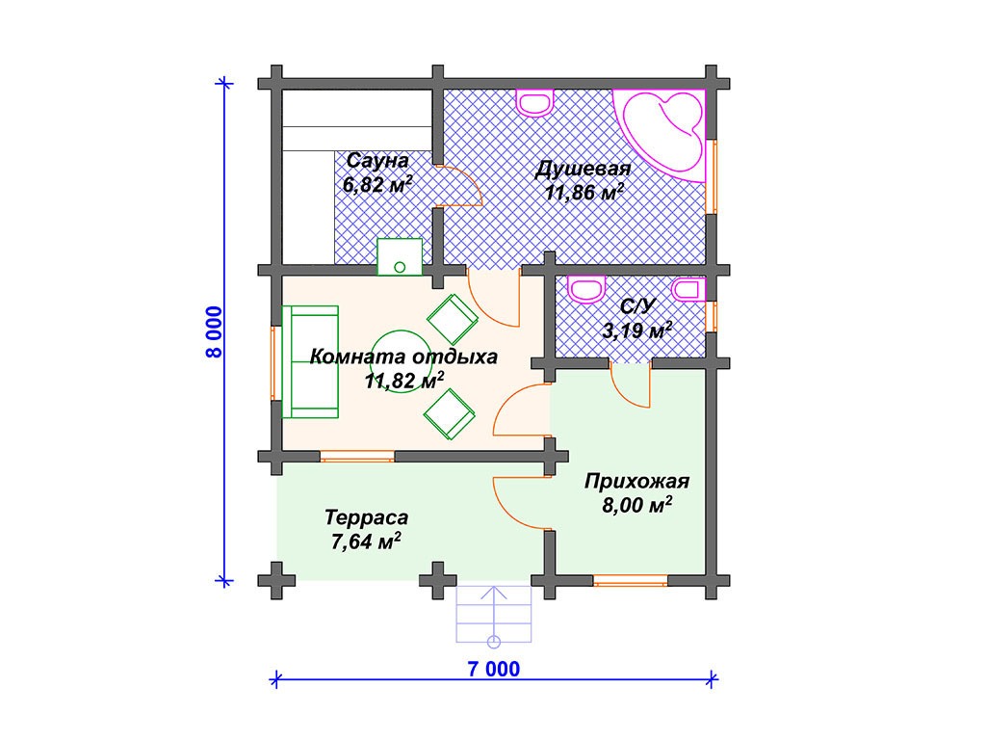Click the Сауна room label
coord(377,161)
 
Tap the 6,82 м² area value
coord(377,184)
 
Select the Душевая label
coord(583,169)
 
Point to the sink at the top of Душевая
coord(535,102)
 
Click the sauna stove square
coord(400,256)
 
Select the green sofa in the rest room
coord(310,362)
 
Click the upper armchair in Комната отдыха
coord(453,319)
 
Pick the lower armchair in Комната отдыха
coord(449,413)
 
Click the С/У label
coord(637,305)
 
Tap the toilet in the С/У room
coord(586,289)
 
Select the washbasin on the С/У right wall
coord(689,289)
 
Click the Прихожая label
coord(637,482)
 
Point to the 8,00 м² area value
coord(637,505)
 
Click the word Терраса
coord(367,517)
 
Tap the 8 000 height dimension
coord(214,332)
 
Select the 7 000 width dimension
coord(494,669)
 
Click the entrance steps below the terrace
coord(494,614)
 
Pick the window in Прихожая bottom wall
coord(630,580)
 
